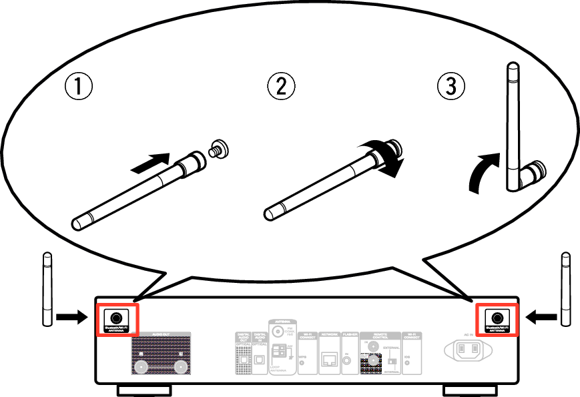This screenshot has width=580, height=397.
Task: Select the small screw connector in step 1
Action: [218, 149]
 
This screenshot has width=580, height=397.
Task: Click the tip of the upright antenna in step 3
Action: [513, 68]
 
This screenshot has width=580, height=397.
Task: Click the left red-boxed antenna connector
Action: [116, 317]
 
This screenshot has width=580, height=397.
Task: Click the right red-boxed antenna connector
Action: [497, 317]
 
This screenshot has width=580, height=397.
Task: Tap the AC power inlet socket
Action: [468, 350]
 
